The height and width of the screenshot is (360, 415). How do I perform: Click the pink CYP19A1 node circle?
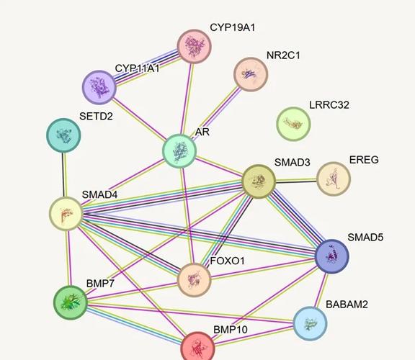(195, 46)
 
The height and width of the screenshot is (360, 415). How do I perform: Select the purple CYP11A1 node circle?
(99, 87)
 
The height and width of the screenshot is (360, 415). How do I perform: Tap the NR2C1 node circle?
(251, 74)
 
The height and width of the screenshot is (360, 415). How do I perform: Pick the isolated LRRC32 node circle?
(293, 124)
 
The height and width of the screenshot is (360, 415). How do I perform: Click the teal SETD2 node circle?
(63, 135)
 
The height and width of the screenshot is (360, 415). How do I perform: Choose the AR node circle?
(179, 151)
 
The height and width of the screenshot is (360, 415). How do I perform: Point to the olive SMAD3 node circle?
(259, 181)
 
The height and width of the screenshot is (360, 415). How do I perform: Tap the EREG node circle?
(334, 179)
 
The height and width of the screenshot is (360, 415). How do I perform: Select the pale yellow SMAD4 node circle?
(66, 213)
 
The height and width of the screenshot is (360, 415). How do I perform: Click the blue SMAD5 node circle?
(332, 256)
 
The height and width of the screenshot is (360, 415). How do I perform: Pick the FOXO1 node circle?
(195, 280)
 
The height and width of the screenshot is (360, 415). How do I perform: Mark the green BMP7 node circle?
(71, 302)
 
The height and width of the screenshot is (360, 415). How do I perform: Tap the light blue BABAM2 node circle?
(311, 323)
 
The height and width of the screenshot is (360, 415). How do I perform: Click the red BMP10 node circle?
(197, 348)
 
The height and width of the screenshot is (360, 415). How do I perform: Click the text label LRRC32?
(329, 105)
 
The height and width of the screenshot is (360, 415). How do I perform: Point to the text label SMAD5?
(365, 238)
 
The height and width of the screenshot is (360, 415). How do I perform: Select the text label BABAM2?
(347, 305)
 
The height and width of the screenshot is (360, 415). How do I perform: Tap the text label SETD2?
(96, 116)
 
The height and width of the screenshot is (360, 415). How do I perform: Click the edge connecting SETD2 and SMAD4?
(64, 174)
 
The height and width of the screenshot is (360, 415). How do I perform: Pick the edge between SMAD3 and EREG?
(296, 181)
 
